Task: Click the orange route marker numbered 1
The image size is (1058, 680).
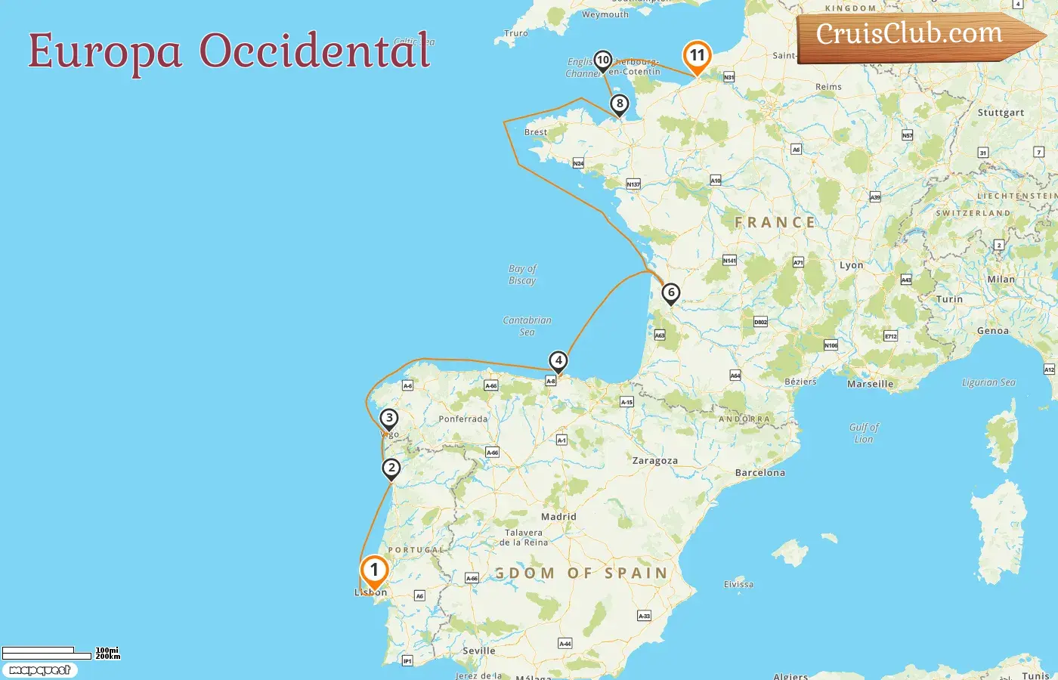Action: (374, 571)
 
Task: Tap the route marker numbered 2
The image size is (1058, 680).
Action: (391, 468)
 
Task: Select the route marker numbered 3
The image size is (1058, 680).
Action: (388, 419)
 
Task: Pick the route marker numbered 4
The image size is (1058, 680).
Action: (558, 361)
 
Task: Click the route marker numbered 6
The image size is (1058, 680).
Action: (670, 293)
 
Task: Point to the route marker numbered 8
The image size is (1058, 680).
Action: (620, 104)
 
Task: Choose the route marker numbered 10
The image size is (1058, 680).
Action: (602, 60)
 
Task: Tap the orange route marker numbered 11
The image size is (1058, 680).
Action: (697, 56)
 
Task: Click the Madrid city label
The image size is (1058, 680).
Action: (558, 517)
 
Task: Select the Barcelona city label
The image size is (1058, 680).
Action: (759, 473)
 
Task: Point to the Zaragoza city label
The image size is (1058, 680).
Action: (654, 461)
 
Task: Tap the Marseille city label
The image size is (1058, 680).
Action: (870, 384)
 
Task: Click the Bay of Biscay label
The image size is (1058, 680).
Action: (522, 274)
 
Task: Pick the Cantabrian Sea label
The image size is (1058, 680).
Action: (527, 326)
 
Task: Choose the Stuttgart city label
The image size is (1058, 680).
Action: (1001, 113)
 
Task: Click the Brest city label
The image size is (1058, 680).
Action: (536, 132)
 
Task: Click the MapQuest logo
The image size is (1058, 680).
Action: (39, 670)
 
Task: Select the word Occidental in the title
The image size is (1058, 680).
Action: (314, 51)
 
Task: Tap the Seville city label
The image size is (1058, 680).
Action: (479, 651)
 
